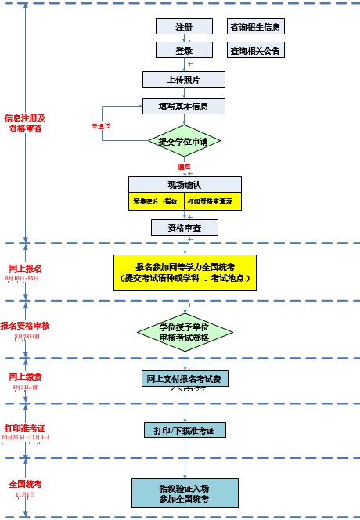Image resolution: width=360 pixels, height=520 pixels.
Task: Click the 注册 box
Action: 184,27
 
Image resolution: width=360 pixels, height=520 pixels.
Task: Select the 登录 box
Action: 184,51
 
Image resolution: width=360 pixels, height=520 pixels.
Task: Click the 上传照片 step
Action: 184,79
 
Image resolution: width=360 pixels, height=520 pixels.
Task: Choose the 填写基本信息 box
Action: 184,106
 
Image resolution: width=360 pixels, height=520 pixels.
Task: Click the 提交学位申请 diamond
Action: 184,142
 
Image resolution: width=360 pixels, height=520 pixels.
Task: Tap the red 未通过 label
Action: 102,125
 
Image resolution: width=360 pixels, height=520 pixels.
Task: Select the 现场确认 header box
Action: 185,185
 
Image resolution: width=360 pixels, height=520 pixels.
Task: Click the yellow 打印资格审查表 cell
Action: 214,201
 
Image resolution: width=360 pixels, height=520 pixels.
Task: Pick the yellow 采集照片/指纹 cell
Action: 157,201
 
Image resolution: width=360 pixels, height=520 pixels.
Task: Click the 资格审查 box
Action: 184,228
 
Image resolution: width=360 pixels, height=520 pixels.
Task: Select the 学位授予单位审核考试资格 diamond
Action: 184,331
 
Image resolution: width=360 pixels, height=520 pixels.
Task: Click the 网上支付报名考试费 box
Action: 185,379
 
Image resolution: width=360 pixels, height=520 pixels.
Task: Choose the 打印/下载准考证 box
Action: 185,430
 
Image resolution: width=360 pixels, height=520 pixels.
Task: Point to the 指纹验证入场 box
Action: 185,493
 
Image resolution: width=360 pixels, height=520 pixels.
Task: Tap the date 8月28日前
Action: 26,337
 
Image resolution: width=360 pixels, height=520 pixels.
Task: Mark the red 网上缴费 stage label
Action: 25,377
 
